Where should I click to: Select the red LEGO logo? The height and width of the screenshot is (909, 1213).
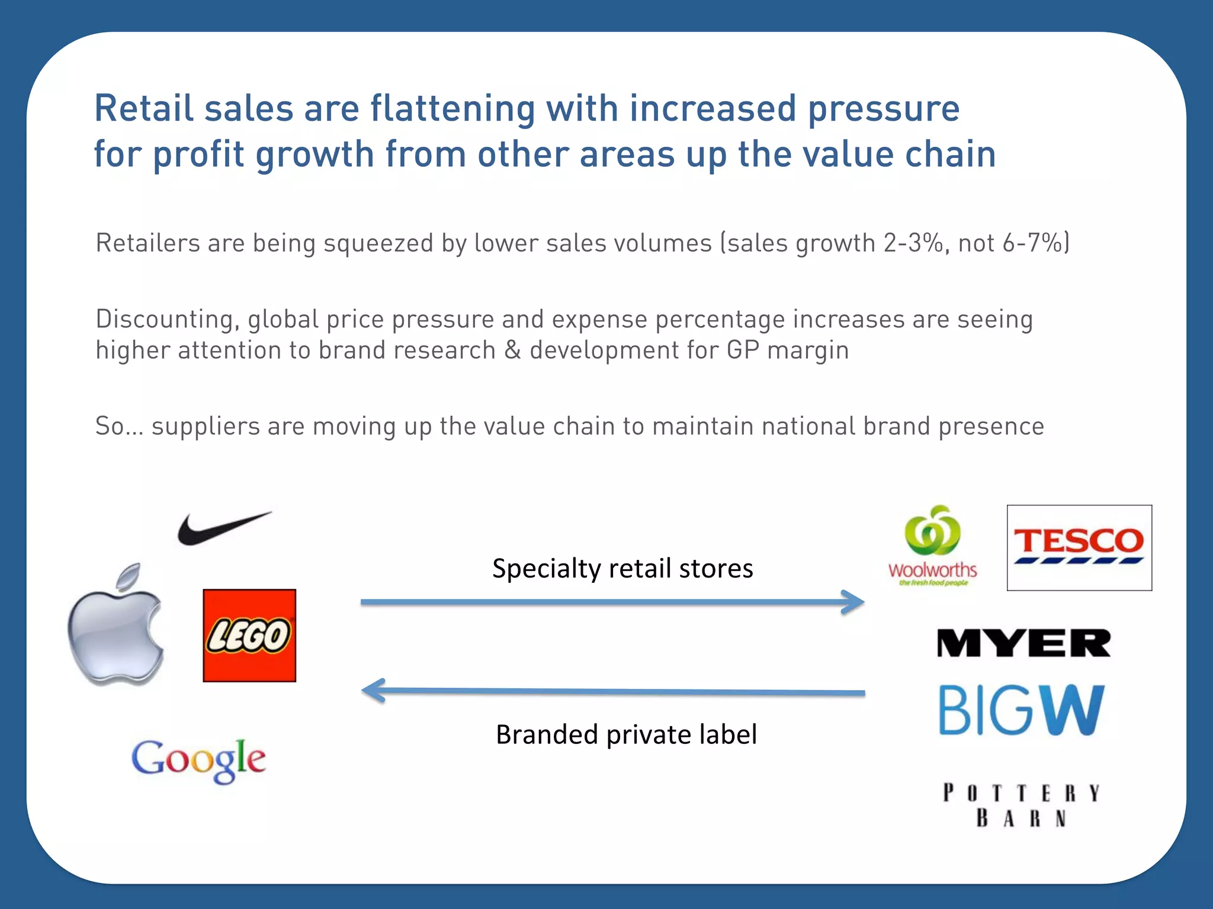tap(249, 636)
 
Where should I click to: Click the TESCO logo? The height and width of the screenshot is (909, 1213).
tap(1079, 547)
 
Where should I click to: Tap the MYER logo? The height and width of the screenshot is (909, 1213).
tap(1023, 643)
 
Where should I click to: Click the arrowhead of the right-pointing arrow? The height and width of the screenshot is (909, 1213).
tap(854, 602)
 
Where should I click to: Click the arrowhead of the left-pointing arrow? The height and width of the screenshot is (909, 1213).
tap(373, 691)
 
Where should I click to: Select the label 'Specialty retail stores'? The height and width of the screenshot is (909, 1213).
tap(622, 569)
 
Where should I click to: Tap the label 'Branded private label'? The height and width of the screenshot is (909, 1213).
tap(626, 734)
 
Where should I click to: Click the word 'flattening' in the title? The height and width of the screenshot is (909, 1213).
tap(453, 109)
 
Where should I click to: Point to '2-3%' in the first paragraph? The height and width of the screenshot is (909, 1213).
tap(913, 243)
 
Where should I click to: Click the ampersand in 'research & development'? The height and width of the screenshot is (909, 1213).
tap(512, 350)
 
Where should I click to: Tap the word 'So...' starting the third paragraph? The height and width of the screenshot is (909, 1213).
tap(119, 426)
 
